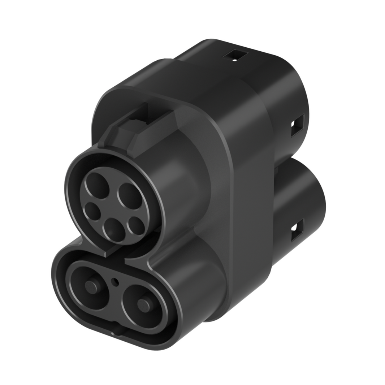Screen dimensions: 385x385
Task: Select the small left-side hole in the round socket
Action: pyautogui.click(x=92, y=212)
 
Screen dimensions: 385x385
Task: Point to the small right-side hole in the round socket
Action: pyautogui.click(x=137, y=225)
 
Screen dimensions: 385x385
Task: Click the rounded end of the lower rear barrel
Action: pyautogui.click(x=314, y=202)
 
